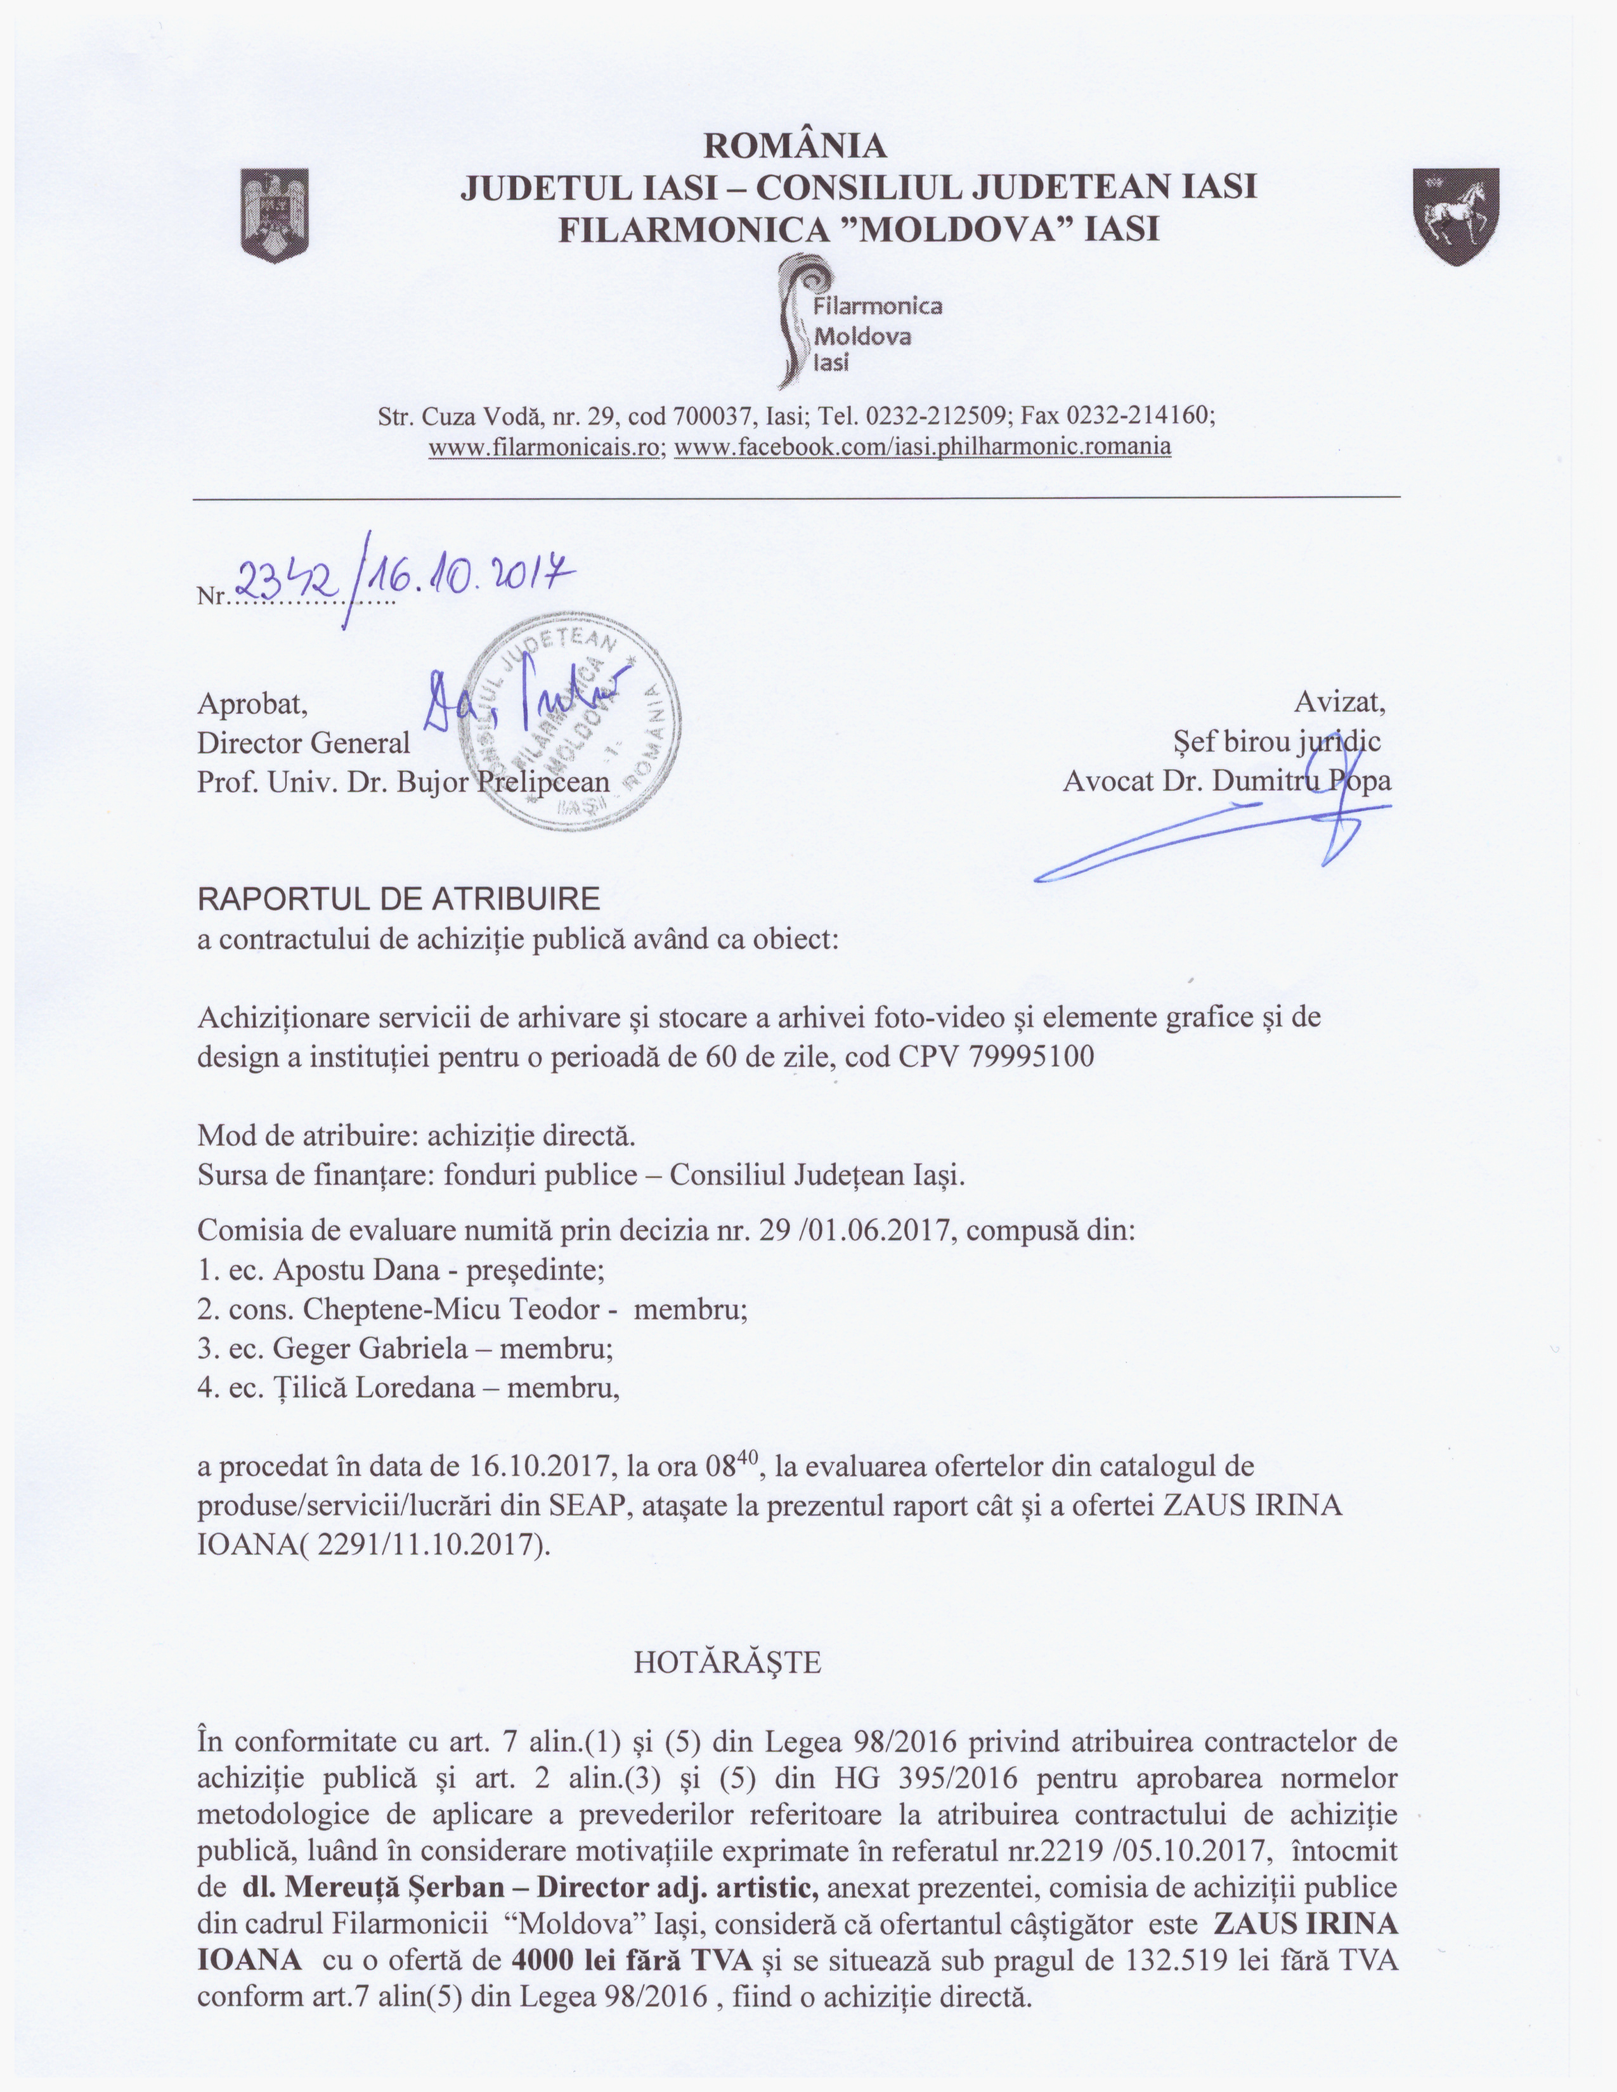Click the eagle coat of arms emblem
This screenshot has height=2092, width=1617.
(275, 219)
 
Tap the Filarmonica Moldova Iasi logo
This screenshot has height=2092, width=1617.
(855, 323)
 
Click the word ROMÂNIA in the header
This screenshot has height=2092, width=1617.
(795, 146)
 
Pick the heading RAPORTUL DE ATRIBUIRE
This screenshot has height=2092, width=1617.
(398, 898)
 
